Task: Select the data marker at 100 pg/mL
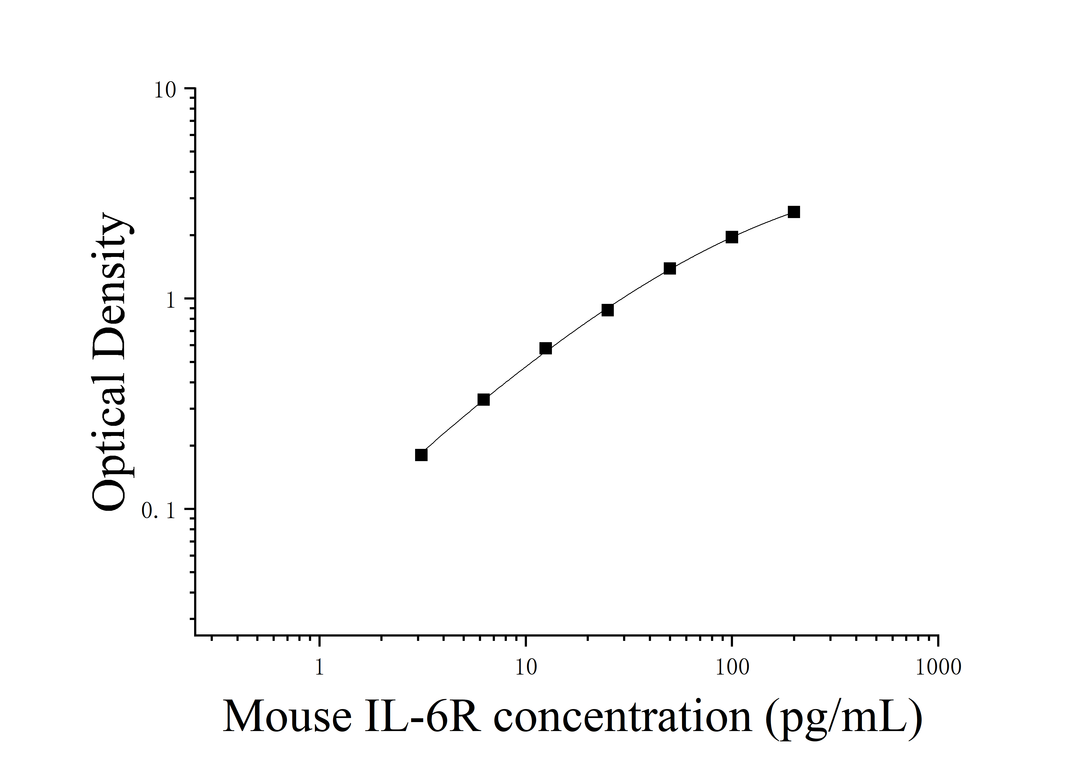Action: click(x=732, y=237)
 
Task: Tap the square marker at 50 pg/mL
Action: click(x=670, y=269)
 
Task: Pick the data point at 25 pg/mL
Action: click(x=608, y=310)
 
